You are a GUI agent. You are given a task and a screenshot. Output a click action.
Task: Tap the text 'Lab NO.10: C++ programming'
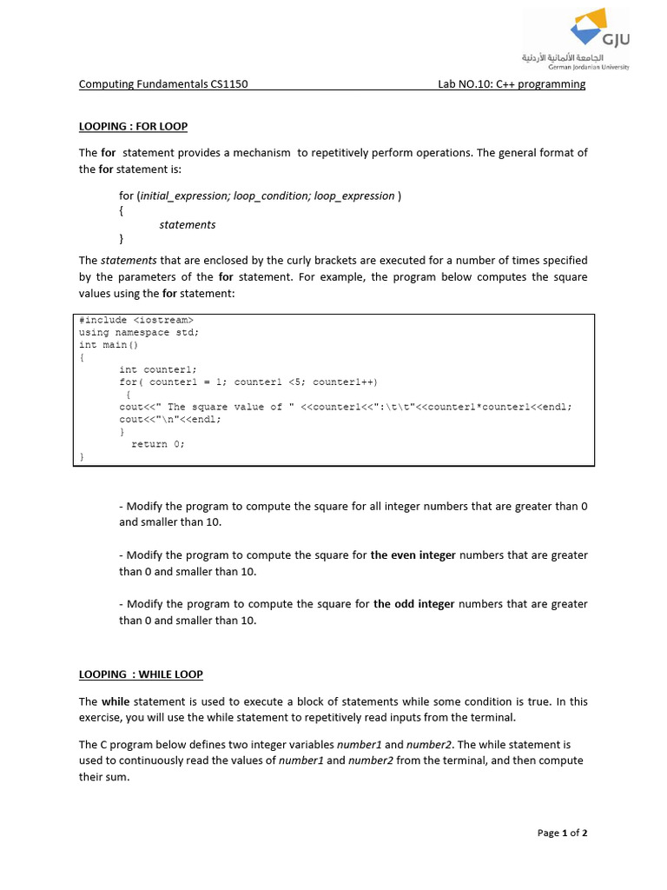pyautogui.click(x=512, y=84)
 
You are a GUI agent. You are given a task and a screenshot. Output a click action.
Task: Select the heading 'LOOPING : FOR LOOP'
pyautogui.click(x=133, y=126)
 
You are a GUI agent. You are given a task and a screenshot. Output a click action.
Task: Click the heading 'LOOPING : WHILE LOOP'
pyautogui.click(x=141, y=674)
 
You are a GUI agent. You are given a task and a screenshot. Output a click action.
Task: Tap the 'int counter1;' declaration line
pyautogui.click(x=158, y=369)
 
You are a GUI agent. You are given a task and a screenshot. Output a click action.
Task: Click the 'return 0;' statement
pyautogui.click(x=158, y=443)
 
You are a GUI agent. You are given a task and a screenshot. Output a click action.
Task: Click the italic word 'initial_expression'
pyautogui.click(x=183, y=196)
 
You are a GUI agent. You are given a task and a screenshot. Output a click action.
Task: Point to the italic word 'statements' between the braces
pyautogui.click(x=188, y=224)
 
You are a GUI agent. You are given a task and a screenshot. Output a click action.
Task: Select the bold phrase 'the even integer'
pyautogui.click(x=413, y=555)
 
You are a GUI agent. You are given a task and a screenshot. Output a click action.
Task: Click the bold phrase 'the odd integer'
pyautogui.click(x=413, y=603)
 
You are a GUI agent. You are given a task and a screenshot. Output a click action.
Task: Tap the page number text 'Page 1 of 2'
pyautogui.click(x=562, y=833)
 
